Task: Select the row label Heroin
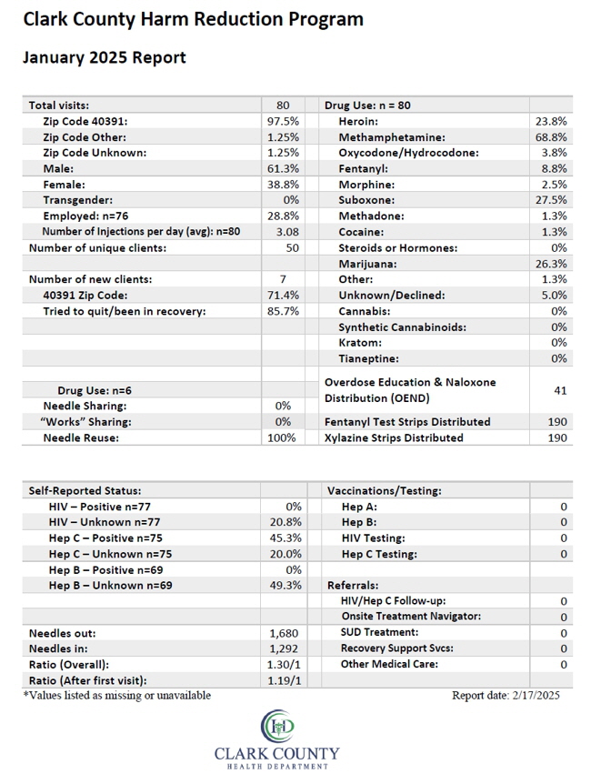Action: coord(358,122)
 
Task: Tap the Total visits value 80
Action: coord(283,106)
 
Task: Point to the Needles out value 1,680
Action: coord(284,634)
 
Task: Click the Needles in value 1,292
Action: coord(284,649)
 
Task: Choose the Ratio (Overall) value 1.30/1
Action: coord(284,665)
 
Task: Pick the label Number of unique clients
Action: coord(97,248)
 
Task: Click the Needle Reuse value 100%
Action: coord(282,438)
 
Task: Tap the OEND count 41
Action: coord(560,390)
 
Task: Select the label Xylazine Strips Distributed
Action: coord(394,438)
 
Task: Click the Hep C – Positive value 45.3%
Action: coord(285,538)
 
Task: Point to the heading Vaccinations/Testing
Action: coord(385,491)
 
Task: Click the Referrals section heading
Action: coord(353,586)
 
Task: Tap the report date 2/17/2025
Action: coord(536,696)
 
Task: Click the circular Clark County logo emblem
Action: coord(277,726)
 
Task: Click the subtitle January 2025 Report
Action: coord(104,58)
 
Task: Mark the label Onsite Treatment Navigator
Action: coord(411,617)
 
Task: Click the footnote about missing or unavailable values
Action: coord(117,696)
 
